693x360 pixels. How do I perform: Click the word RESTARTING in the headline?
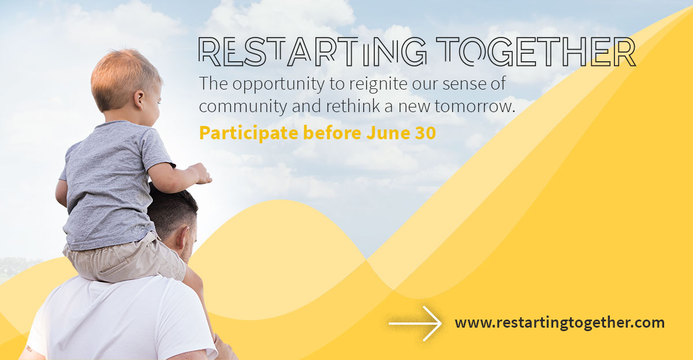[x=312, y=51]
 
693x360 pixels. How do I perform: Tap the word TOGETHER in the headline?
[x=536, y=51]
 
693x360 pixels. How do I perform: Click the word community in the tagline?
[x=243, y=107]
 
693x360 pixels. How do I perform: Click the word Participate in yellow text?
[x=249, y=133]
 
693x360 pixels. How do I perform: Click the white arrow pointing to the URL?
[x=415, y=324]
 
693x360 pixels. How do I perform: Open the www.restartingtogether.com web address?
[x=560, y=323]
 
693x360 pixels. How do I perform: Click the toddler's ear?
[x=139, y=99]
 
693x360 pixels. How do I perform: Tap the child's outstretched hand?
[x=200, y=174]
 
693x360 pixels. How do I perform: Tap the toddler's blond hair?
[x=124, y=77]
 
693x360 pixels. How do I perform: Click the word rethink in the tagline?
[x=353, y=106]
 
